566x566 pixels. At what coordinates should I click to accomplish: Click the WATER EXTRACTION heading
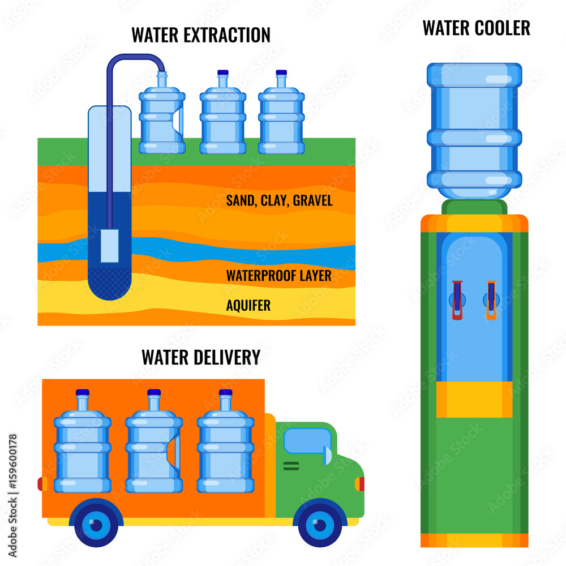(201, 35)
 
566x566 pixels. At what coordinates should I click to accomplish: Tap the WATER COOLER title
(476, 28)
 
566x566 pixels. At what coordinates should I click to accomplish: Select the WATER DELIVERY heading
(201, 357)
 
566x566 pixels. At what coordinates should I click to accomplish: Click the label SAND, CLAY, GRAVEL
(279, 200)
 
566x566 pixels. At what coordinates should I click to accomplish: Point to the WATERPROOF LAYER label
(278, 276)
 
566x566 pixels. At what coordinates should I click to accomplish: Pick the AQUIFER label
(248, 306)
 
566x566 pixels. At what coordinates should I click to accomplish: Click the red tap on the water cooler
(457, 300)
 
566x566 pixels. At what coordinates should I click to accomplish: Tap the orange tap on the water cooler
(491, 300)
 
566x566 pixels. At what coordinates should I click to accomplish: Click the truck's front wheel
(320, 525)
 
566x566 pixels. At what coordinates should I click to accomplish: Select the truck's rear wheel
(96, 525)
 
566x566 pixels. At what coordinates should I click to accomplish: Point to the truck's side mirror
(327, 455)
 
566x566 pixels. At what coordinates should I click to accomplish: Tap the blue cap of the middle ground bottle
(222, 72)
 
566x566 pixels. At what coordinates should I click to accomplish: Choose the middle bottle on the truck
(154, 447)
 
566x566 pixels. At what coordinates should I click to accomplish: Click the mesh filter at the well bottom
(110, 282)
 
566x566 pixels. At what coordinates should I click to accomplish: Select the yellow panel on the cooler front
(474, 399)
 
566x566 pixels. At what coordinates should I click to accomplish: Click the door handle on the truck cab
(291, 466)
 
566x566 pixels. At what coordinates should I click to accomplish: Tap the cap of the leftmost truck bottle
(83, 392)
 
